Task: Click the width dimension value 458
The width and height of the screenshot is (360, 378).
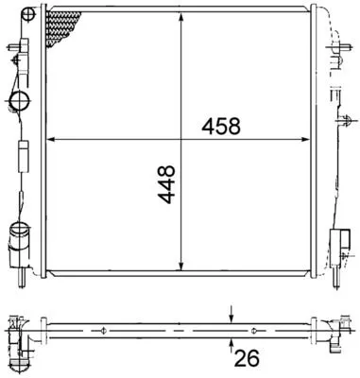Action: [x=217, y=126]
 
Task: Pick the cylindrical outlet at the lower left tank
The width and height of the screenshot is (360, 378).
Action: [x=20, y=233]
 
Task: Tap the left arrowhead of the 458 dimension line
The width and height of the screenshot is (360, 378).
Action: [x=51, y=140]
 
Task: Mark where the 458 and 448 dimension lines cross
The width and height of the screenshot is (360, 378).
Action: [x=180, y=140]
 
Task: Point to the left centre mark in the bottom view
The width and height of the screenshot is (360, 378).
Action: [x=102, y=331]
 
